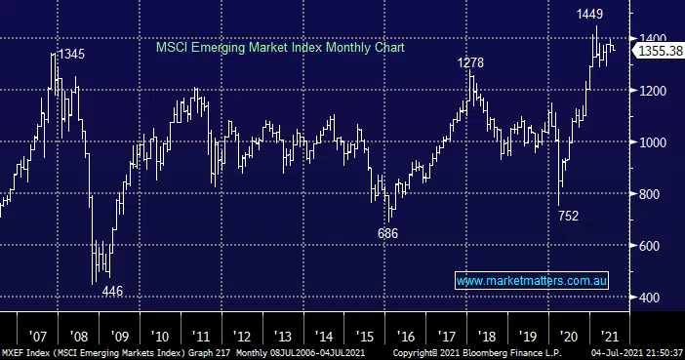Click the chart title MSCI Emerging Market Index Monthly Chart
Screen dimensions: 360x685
[x=280, y=46]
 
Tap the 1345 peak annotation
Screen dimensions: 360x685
[x=70, y=55]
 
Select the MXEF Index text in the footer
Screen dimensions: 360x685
[x=22, y=352]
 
